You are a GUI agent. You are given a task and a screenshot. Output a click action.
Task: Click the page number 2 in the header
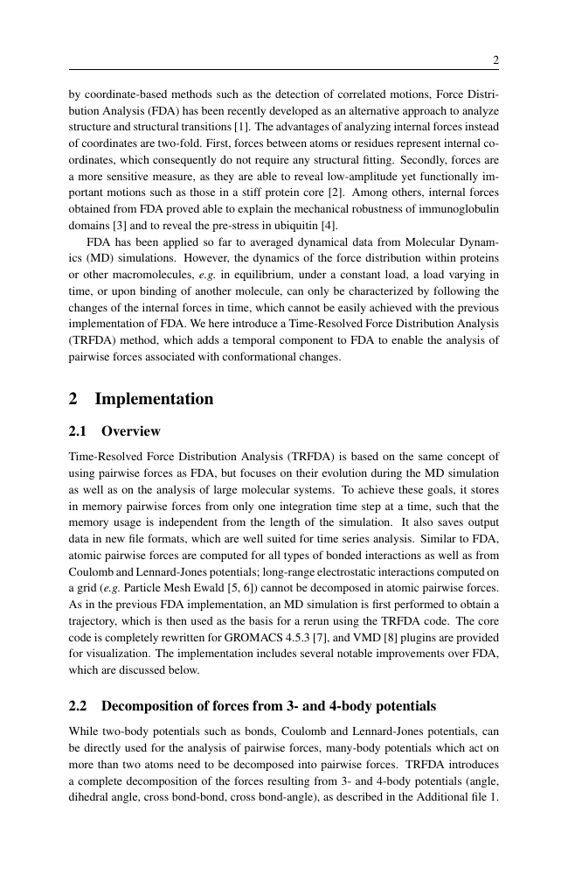pos(495,60)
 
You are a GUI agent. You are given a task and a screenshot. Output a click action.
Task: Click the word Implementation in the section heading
pos(154,399)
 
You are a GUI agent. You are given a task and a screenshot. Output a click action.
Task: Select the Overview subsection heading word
pos(131,431)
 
